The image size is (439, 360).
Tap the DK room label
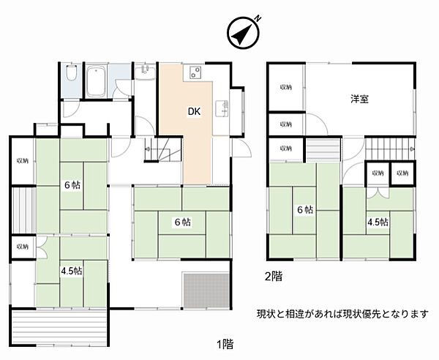[194, 112]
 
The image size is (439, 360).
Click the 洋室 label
[359, 99]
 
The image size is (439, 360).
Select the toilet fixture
[70, 76]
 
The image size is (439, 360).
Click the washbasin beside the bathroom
[144, 70]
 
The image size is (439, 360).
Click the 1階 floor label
[225, 343]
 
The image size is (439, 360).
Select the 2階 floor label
[272, 277]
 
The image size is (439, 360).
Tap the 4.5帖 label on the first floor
[72, 270]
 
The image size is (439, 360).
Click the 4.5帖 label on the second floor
[378, 222]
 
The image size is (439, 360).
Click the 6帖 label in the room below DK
[182, 222]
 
